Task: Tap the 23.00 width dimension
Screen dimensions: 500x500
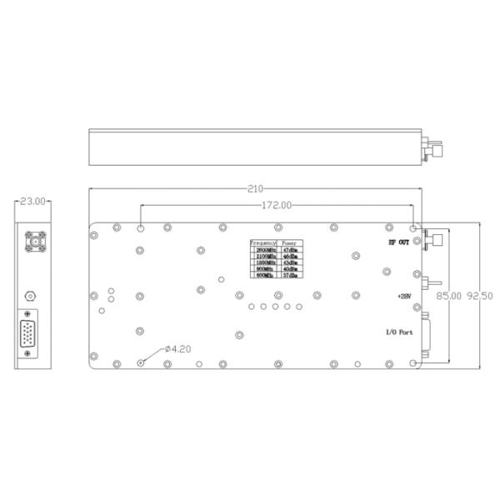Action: pyautogui.click(x=32, y=201)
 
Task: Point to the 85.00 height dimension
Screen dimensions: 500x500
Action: pyautogui.click(x=450, y=295)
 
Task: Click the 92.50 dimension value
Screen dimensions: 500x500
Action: pyautogui.click(x=480, y=295)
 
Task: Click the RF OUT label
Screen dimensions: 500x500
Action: pyautogui.click(x=397, y=242)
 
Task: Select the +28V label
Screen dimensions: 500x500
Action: pyautogui.click(x=404, y=296)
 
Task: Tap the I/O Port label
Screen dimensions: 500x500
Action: pyautogui.click(x=398, y=332)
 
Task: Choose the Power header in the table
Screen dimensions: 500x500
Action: pyautogui.click(x=291, y=242)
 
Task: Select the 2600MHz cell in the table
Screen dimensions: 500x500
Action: pyautogui.click(x=266, y=249)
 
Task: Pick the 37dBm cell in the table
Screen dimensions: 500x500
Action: pyautogui.click(x=291, y=276)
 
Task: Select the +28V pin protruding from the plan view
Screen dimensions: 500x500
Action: pyautogui.click(x=432, y=285)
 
